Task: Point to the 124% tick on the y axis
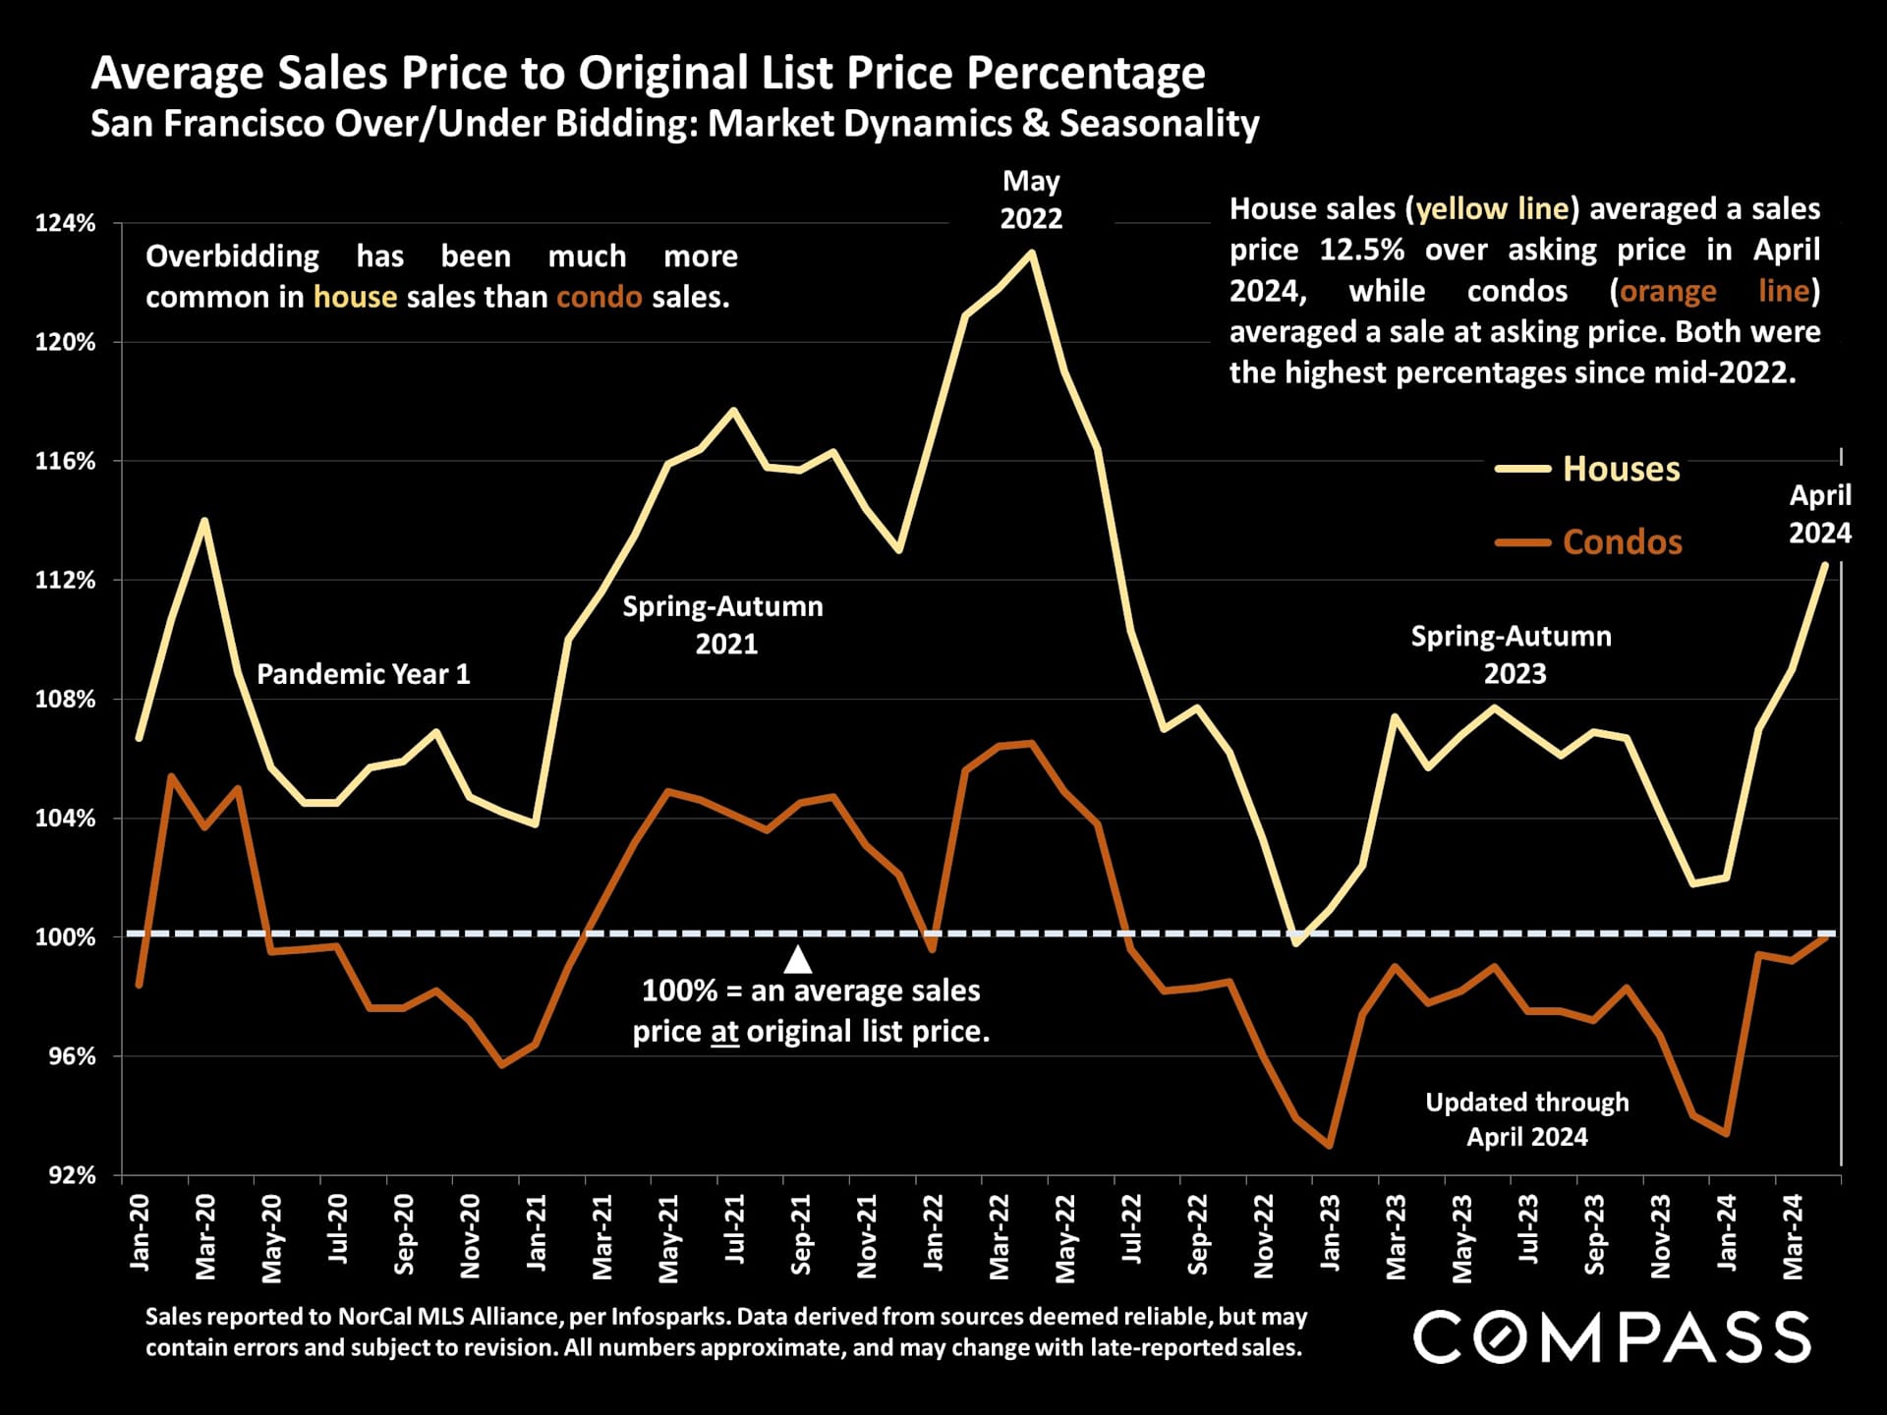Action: coord(66,223)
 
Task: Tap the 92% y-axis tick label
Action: coord(72,1175)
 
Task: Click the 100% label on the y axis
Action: coord(66,937)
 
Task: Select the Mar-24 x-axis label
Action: coord(1793,1236)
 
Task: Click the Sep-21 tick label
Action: coord(801,1234)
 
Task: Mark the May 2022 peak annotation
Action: coord(1031,199)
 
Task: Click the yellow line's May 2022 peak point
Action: coord(1031,253)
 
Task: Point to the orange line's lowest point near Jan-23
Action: coord(1330,1146)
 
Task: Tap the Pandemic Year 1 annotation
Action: coord(364,674)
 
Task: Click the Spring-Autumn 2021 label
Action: coord(723,625)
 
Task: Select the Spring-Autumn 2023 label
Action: coord(1512,654)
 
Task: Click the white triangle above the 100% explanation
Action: coord(798,959)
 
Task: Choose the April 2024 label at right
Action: coord(1819,514)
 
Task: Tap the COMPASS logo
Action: coord(1612,1337)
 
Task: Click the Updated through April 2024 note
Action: coord(1527,1119)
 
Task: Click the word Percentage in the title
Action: coord(1085,73)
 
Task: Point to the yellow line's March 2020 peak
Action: coord(204,520)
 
